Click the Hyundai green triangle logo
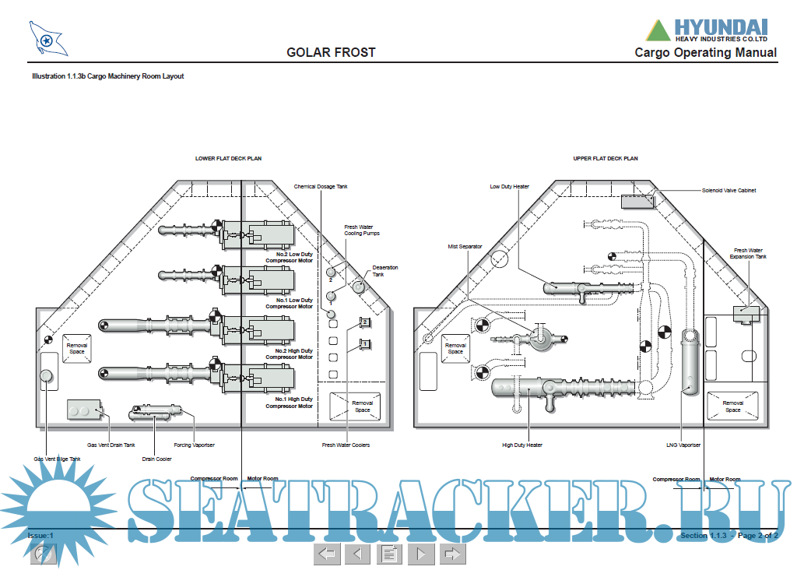[x=658, y=30]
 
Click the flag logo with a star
[x=47, y=38]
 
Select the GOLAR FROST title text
[x=331, y=53]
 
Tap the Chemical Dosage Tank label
[x=321, y=187]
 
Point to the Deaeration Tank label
[x=384, y=271]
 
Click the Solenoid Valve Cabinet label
[x=729, y=190]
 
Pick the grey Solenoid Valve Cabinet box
[x=637, y=202]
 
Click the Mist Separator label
[x=465, y=247]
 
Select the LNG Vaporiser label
[x=683, y=445]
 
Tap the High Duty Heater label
[x=522, y=445]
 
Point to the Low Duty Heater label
[x=509, y=187]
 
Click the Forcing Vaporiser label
[x=194, y=445]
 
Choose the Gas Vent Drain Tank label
[x=111, y=445]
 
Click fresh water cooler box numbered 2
[x=363, y=322]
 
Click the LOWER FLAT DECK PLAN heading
[x=228, y=158]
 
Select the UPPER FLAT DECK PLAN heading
[x=606, y=158]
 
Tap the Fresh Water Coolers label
[x=346, y=445]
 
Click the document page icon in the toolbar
[x=388, y=554]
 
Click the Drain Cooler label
[x=156, y=459]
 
